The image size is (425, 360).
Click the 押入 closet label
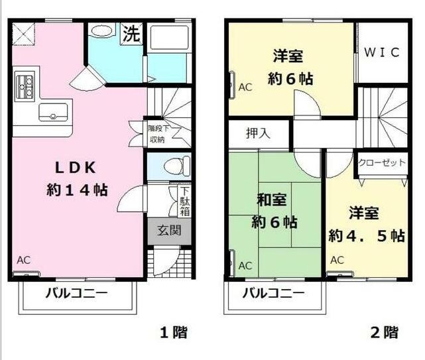click(258, 133)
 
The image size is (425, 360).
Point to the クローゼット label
click(381, 162)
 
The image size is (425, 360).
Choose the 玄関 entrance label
click(169, 231)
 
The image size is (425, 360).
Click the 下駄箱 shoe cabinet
click(184, 201)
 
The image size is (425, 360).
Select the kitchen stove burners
click(26, 86)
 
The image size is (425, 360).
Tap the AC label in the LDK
click(23, 260)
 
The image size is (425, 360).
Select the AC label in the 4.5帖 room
click(337, 260)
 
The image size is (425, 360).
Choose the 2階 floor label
click(385, 332)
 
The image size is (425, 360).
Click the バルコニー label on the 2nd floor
click(273, 293)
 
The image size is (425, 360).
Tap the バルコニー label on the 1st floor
click(76, 294)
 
